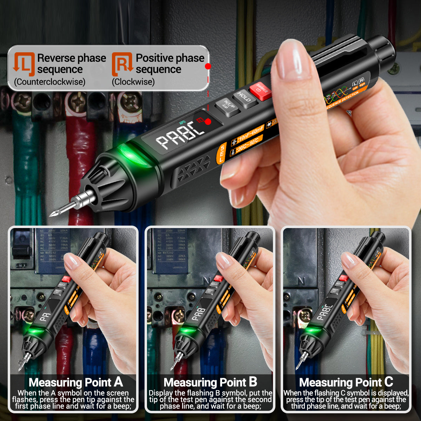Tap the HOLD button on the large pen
coord(244,98)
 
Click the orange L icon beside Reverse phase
coord(24,64)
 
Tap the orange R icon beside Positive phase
coord(122,64)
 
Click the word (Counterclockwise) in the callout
coord(49,82)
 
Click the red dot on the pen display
coord(208,122)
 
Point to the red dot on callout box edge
coord(208,66)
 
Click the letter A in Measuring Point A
coord(119,382)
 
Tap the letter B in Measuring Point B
coord(253,382)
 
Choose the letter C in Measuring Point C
coord(388,382)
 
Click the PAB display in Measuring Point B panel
coord(199,314)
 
